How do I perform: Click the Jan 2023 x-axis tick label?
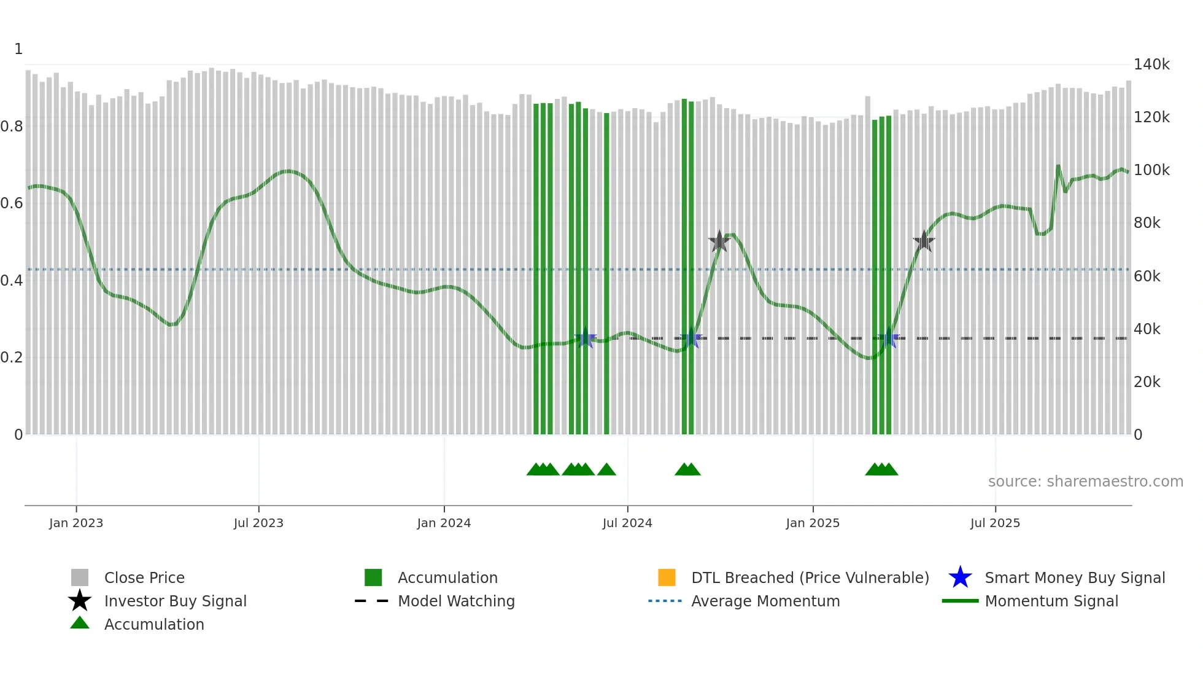[x=76, y=523]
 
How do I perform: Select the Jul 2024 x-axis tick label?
[x=627, y=523]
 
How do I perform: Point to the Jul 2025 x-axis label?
[x=995, y=523]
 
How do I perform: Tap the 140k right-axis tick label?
[x=1151, y=65]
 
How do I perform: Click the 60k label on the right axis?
[x=1147, y=276]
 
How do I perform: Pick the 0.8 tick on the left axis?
[x=12, y=127]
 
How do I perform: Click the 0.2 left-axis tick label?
[x=12, y=358]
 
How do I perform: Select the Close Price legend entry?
[x=144, y=577]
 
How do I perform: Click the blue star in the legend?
[x=960, y=577]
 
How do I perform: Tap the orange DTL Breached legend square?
[x=667, y=577]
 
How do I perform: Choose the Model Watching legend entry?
[x=456, y=601]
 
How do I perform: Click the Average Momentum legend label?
[x=765, y=601]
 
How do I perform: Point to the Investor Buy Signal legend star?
[x=80, y=601]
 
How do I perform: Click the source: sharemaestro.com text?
[x=1085, y=482]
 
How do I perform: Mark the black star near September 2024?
[x=719, y=241]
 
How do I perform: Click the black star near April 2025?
[x=924, y=241]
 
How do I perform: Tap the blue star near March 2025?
[x=889, y=338]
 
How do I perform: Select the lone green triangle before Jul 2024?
[x=606, y=470]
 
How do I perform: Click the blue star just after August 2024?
[x=691, y=338]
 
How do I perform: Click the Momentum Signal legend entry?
[x=1051, y=601]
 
